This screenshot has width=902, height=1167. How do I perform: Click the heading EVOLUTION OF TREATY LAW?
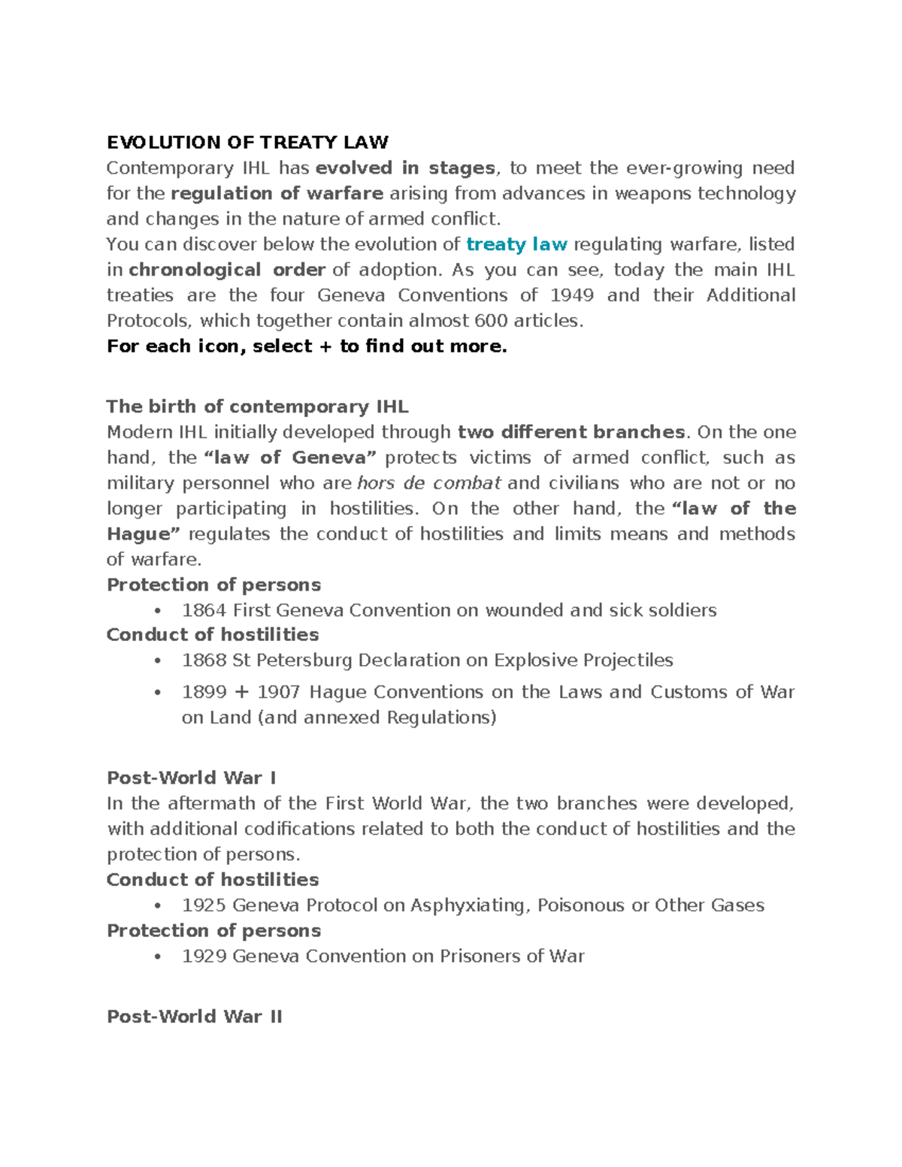tap(247, 142)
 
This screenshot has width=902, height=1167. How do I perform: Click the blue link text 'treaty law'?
tap(516, 244)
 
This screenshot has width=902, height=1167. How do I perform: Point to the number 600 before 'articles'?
tap(491, 321)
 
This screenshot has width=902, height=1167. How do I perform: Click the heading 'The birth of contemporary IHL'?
tap(257, 407)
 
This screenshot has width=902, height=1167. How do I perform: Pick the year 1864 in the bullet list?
tap(204, 610)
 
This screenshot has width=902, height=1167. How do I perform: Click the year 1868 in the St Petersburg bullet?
tap(204, 661)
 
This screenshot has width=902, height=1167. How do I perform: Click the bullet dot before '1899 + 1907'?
tap(157, 693)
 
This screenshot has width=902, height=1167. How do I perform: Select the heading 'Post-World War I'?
tap(191, 778)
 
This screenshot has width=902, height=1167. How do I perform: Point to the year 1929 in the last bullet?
tap(204, 957)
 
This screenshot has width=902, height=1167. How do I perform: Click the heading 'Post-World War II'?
tap(195, 1017)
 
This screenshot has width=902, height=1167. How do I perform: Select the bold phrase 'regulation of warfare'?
tap(277, 194)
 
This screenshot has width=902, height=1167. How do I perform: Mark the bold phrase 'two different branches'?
tap(571, 432)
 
